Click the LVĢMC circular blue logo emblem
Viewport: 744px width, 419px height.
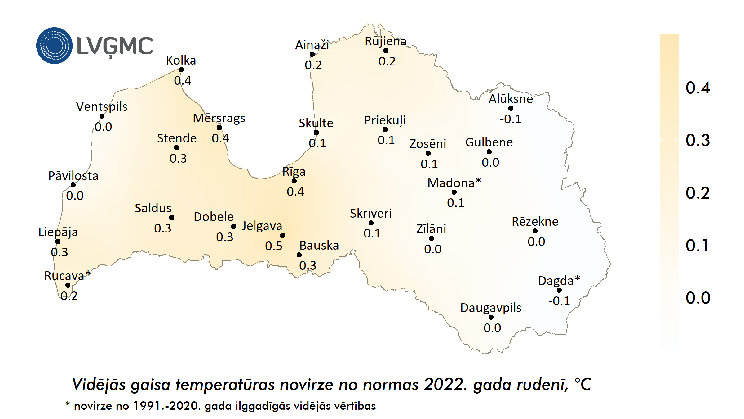55,46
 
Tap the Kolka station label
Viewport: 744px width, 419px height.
181,61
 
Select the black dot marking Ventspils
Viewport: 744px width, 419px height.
102,116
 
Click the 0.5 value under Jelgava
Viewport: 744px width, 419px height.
273,246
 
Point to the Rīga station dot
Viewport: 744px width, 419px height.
294,181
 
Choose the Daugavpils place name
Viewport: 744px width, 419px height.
491,308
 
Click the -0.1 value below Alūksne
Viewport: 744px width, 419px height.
510,119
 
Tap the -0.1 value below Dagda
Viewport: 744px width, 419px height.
559,301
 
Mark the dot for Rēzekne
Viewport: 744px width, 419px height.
535,231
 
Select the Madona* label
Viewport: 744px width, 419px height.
454,183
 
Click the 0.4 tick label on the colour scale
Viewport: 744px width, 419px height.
697,88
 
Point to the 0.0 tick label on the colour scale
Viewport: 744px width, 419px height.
697,298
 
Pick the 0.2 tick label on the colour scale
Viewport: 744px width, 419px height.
697,193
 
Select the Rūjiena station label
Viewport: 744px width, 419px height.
385,41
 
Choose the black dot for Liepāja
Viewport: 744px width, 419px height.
58,241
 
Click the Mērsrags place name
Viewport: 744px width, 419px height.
219,118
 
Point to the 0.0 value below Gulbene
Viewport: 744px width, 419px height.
490,163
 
